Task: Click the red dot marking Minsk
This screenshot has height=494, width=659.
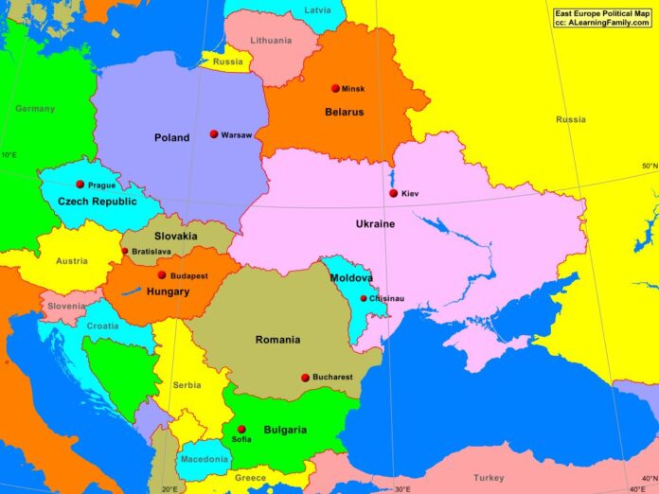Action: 335,88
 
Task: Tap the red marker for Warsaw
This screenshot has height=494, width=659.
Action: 214,134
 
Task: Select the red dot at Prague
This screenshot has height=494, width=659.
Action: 80,185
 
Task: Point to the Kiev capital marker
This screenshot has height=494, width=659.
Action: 394,193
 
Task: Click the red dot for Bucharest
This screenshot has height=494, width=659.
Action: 305,378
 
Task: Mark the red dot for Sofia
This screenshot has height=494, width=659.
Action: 241,429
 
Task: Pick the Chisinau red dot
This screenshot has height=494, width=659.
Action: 364,298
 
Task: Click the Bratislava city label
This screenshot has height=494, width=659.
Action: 151,252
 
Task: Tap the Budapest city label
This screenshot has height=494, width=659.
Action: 188,275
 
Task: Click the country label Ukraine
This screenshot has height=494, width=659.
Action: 375,224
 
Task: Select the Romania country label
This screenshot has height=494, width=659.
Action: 277,340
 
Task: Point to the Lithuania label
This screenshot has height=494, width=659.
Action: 272,41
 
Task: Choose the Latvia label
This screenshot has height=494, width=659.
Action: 318,9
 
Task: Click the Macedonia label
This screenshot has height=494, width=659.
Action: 205,459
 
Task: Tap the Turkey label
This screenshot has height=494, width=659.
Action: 490,478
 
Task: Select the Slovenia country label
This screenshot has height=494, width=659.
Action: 66,306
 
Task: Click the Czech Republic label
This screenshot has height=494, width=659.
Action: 98,202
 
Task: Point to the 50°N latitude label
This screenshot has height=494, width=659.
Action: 649,167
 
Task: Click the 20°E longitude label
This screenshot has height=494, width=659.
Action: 169,488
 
